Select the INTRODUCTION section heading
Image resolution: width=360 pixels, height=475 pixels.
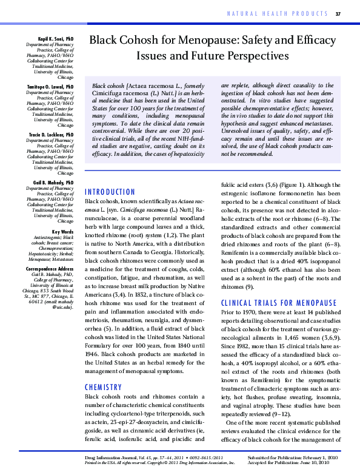(110, 192)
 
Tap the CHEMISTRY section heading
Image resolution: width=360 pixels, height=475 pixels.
(104, 386)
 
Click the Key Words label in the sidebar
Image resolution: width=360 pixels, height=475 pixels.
(63, 232)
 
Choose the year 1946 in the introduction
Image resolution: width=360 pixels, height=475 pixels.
(93, 351)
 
